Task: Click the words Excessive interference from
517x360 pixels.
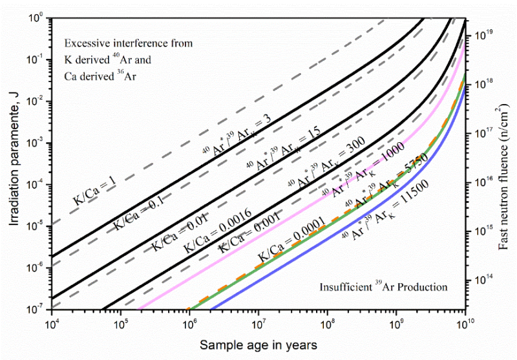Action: point(129,43)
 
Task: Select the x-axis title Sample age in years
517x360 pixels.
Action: point(258,346)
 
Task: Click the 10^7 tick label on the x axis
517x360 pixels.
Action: point(258,321)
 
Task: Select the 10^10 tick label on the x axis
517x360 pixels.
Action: point(466,321)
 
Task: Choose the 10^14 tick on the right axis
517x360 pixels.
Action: point(485,280)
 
